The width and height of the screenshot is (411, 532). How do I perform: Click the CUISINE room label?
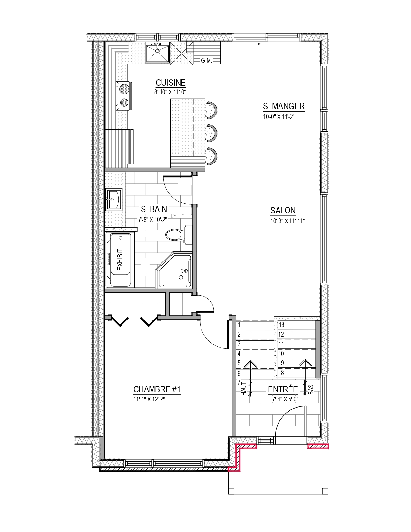click(171, 83)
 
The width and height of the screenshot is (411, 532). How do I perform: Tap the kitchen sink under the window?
click(157, 52)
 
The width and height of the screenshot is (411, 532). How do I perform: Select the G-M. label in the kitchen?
click(207, 61)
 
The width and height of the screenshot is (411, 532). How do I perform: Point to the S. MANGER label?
click(284, 106)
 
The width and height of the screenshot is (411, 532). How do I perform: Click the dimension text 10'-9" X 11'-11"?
click(288, 221)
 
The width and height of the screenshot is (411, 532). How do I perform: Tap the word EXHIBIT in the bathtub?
click(120, 260)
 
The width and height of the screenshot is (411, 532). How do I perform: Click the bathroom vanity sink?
click(114, 199)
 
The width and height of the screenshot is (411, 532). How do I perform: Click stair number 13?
click(281, 325)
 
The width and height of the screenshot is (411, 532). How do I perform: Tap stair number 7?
click(239, 382)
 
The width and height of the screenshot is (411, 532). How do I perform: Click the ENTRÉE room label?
click(283, 389)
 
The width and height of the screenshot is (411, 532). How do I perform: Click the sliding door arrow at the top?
click(253, 44)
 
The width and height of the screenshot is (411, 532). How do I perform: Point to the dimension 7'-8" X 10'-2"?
click(152, 220)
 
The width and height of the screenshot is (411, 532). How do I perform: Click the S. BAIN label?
click(154, 209)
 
